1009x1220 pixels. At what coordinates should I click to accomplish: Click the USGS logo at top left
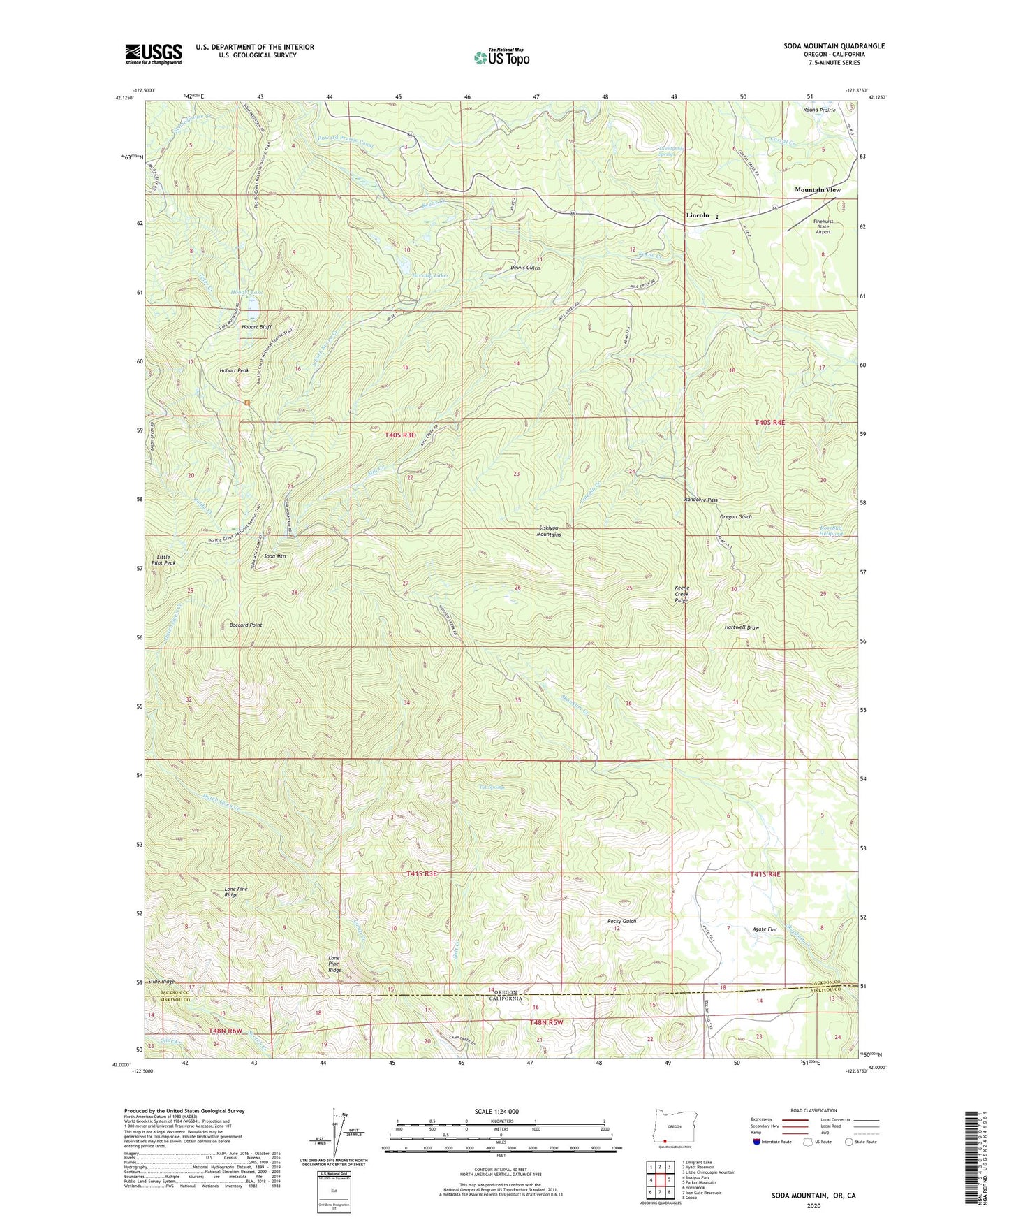click(154, 54)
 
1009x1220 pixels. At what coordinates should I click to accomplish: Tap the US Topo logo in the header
click(501, 57)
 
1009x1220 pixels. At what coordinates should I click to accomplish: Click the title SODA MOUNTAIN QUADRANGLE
click(834, 46)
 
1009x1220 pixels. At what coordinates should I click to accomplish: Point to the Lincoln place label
click(698, 215)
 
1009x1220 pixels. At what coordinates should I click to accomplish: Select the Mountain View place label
click(818, 190)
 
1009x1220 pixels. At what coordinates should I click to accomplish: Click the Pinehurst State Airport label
click(823, 226)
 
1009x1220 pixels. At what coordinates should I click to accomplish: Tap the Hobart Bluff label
click(256, 327)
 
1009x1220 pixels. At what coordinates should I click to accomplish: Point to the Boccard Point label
click(246, 625)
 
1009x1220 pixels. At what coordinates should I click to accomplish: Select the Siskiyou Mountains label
click(549, 531)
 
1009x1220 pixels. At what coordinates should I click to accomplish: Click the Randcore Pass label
click(700, 500)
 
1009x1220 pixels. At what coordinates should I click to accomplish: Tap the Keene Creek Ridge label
click(682, 594)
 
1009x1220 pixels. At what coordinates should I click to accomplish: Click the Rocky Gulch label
click(621, 921)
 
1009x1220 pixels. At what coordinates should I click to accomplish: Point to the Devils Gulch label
click(525, 268)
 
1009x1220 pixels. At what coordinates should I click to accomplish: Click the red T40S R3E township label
click(400, 435)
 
